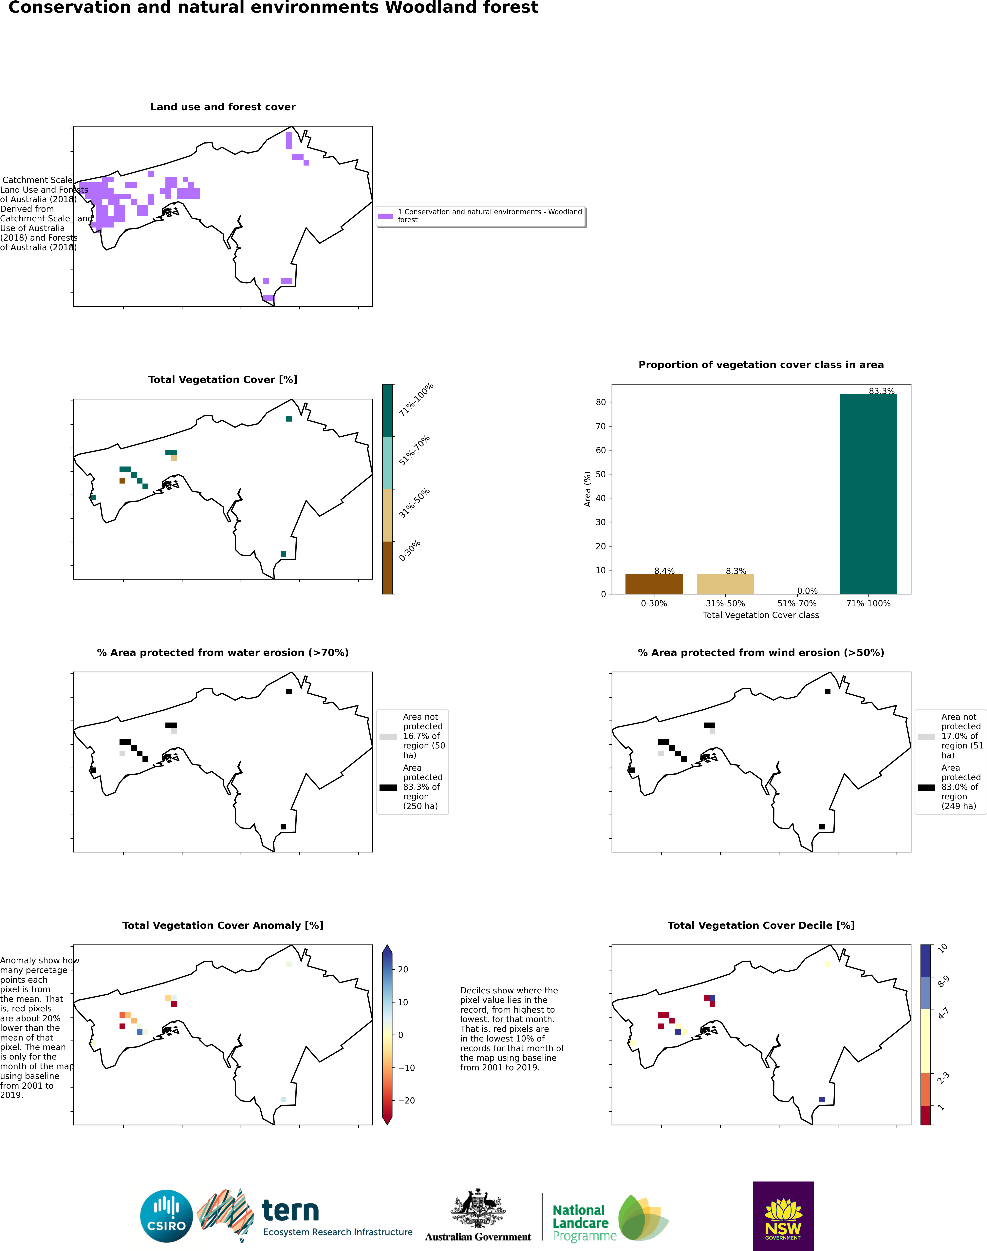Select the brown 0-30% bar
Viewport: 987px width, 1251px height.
pos(654,584)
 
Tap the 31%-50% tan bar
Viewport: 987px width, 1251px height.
pos(725,584)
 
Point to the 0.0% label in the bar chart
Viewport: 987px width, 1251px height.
pos(807,591)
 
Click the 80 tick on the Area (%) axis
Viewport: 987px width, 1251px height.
pos(601,402)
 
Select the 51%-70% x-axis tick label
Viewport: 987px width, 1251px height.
pos(797,604)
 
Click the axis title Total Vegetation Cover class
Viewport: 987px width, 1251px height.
pos(761,615)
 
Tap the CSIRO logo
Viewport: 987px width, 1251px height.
pos(166,1216)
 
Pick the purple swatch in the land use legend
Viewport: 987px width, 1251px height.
pos(385,216)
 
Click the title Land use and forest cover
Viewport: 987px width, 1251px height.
pos(223,107)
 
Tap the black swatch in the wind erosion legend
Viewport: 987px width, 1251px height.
pos(926,787)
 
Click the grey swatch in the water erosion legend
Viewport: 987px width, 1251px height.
pos(388,737)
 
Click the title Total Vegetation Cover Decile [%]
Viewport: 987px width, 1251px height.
pos(761,925)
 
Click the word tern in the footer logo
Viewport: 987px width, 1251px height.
pos(290,1210)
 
